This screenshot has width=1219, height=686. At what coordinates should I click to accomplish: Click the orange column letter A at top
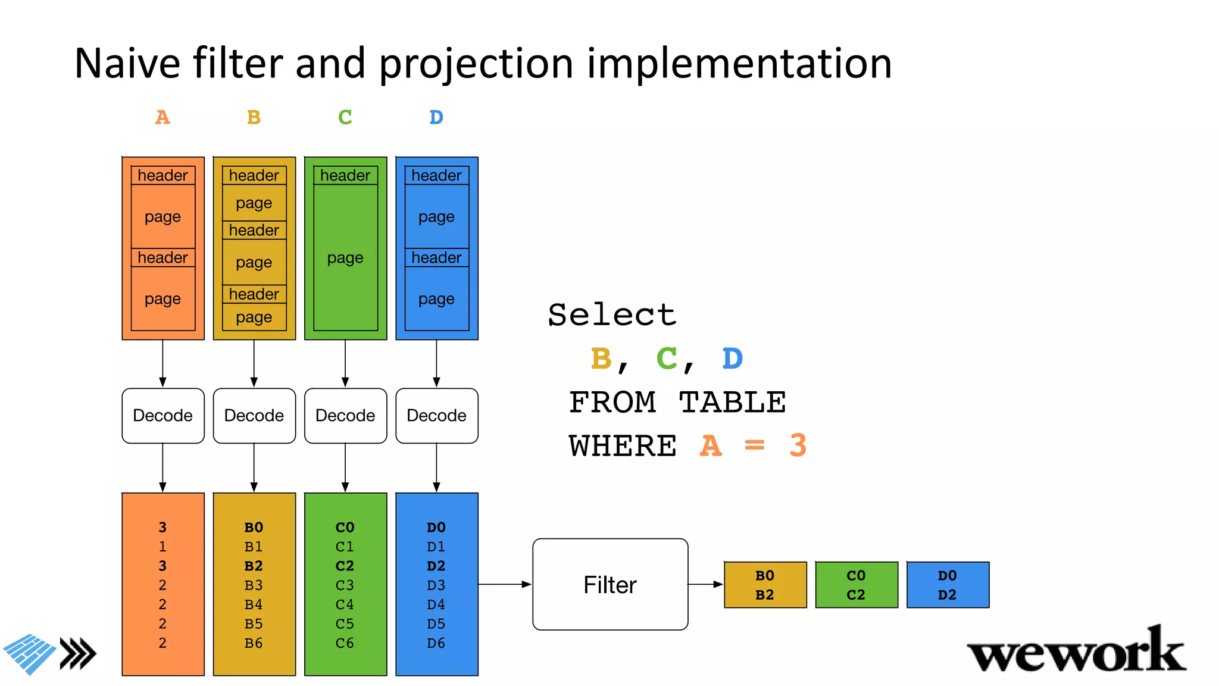(x=162, y=117)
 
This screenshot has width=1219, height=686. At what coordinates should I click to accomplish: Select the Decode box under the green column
(x=345, y=416)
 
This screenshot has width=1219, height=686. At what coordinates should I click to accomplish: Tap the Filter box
(x=610, y=584)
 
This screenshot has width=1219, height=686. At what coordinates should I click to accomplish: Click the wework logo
(x=1076, y=653)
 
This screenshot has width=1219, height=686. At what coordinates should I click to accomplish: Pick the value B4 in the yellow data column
(x=254, y=604)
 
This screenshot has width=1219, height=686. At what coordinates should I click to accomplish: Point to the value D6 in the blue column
(x=436, y=643)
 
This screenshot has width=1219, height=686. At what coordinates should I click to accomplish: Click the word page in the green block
(x=345, y=258)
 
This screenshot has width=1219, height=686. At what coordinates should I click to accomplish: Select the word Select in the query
(x=612, y=314)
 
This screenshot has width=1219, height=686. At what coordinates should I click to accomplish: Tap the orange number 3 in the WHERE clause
(x=798, y=445)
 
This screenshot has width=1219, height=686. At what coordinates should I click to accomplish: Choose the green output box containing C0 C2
(x=857, y=585)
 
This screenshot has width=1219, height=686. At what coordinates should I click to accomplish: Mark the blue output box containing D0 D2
(x=948, y=585)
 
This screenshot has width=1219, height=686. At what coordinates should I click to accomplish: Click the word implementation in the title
(x=739, y=63)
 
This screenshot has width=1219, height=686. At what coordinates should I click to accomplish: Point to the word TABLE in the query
(x=732, y=402)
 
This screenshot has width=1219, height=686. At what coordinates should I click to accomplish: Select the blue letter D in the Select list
(x=732, y=358)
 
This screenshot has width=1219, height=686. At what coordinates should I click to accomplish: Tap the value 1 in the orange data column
(x=162, y=547)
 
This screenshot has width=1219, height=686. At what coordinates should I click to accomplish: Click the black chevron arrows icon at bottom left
(x=78, y=654)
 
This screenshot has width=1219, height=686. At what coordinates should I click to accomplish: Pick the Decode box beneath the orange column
(x=162, y=416)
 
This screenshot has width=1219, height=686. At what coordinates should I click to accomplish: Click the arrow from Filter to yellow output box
(x=706, y=584)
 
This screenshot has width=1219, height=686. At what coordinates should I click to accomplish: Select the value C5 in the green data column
(x=345, y=624)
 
